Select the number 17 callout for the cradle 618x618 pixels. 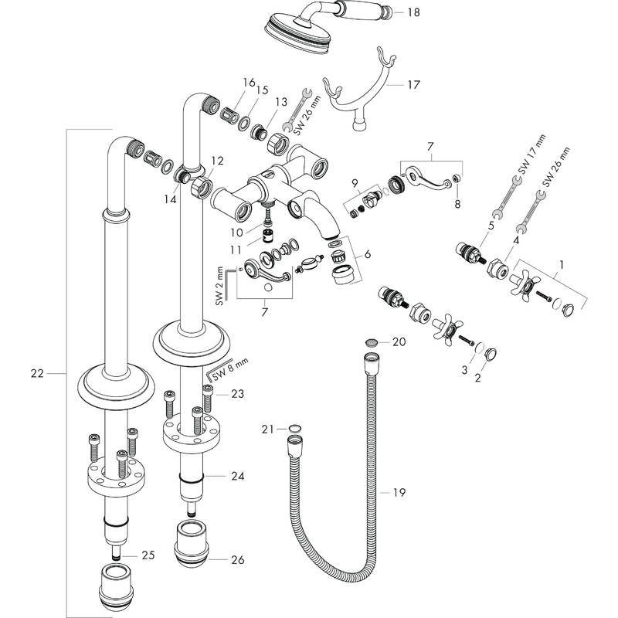[414, 84]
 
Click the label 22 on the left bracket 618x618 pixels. [36, 374]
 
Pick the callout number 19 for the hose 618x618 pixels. [399, 492]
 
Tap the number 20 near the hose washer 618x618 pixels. [399, 341]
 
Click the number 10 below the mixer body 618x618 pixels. [234, 231]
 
